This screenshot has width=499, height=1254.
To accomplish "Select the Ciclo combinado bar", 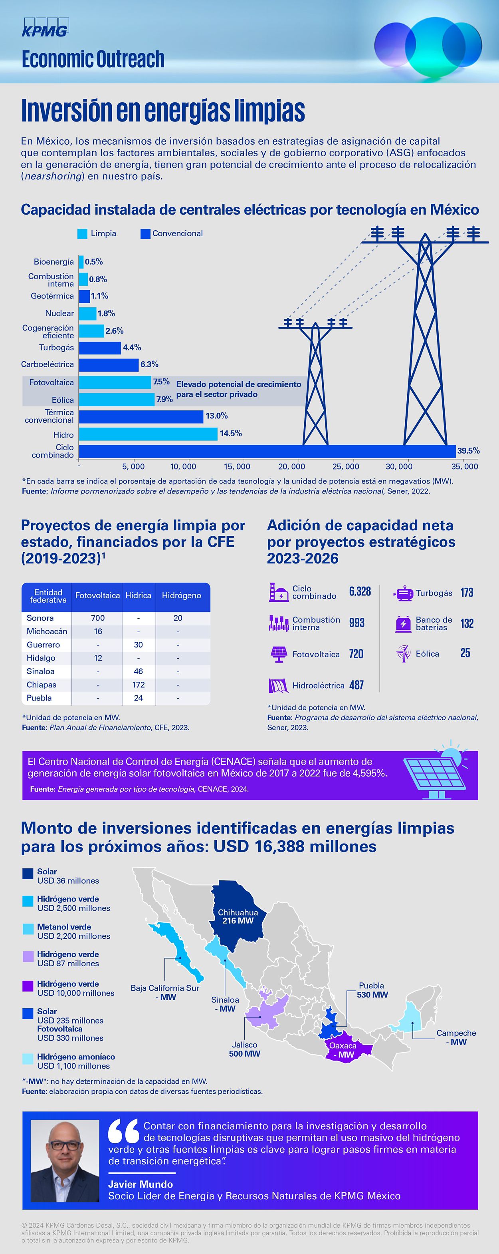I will (267, 451).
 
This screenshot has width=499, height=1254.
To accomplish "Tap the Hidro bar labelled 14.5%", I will (148, 434).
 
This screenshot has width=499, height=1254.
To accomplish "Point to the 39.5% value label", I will (468, 451).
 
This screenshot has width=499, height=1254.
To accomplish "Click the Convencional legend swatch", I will (145, 234).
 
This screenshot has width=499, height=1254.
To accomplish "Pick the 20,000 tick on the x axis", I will (291, 466).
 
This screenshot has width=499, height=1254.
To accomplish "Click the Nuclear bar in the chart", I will (87, 313).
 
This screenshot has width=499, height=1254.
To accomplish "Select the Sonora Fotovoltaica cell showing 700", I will (98, 618).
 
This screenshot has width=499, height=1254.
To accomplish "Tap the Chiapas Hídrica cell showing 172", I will (138, 685).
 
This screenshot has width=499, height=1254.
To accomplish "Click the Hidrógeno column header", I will (181, 595).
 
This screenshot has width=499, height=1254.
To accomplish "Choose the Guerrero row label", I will (43, 645).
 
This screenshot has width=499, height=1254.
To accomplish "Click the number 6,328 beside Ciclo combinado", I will (360, 591).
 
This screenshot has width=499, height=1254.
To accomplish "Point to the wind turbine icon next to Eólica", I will (403, 653).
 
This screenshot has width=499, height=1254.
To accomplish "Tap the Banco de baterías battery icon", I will (403, 623).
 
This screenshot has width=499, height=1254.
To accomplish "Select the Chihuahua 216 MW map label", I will (238, 917).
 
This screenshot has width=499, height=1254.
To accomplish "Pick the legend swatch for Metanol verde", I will (28, 929).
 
